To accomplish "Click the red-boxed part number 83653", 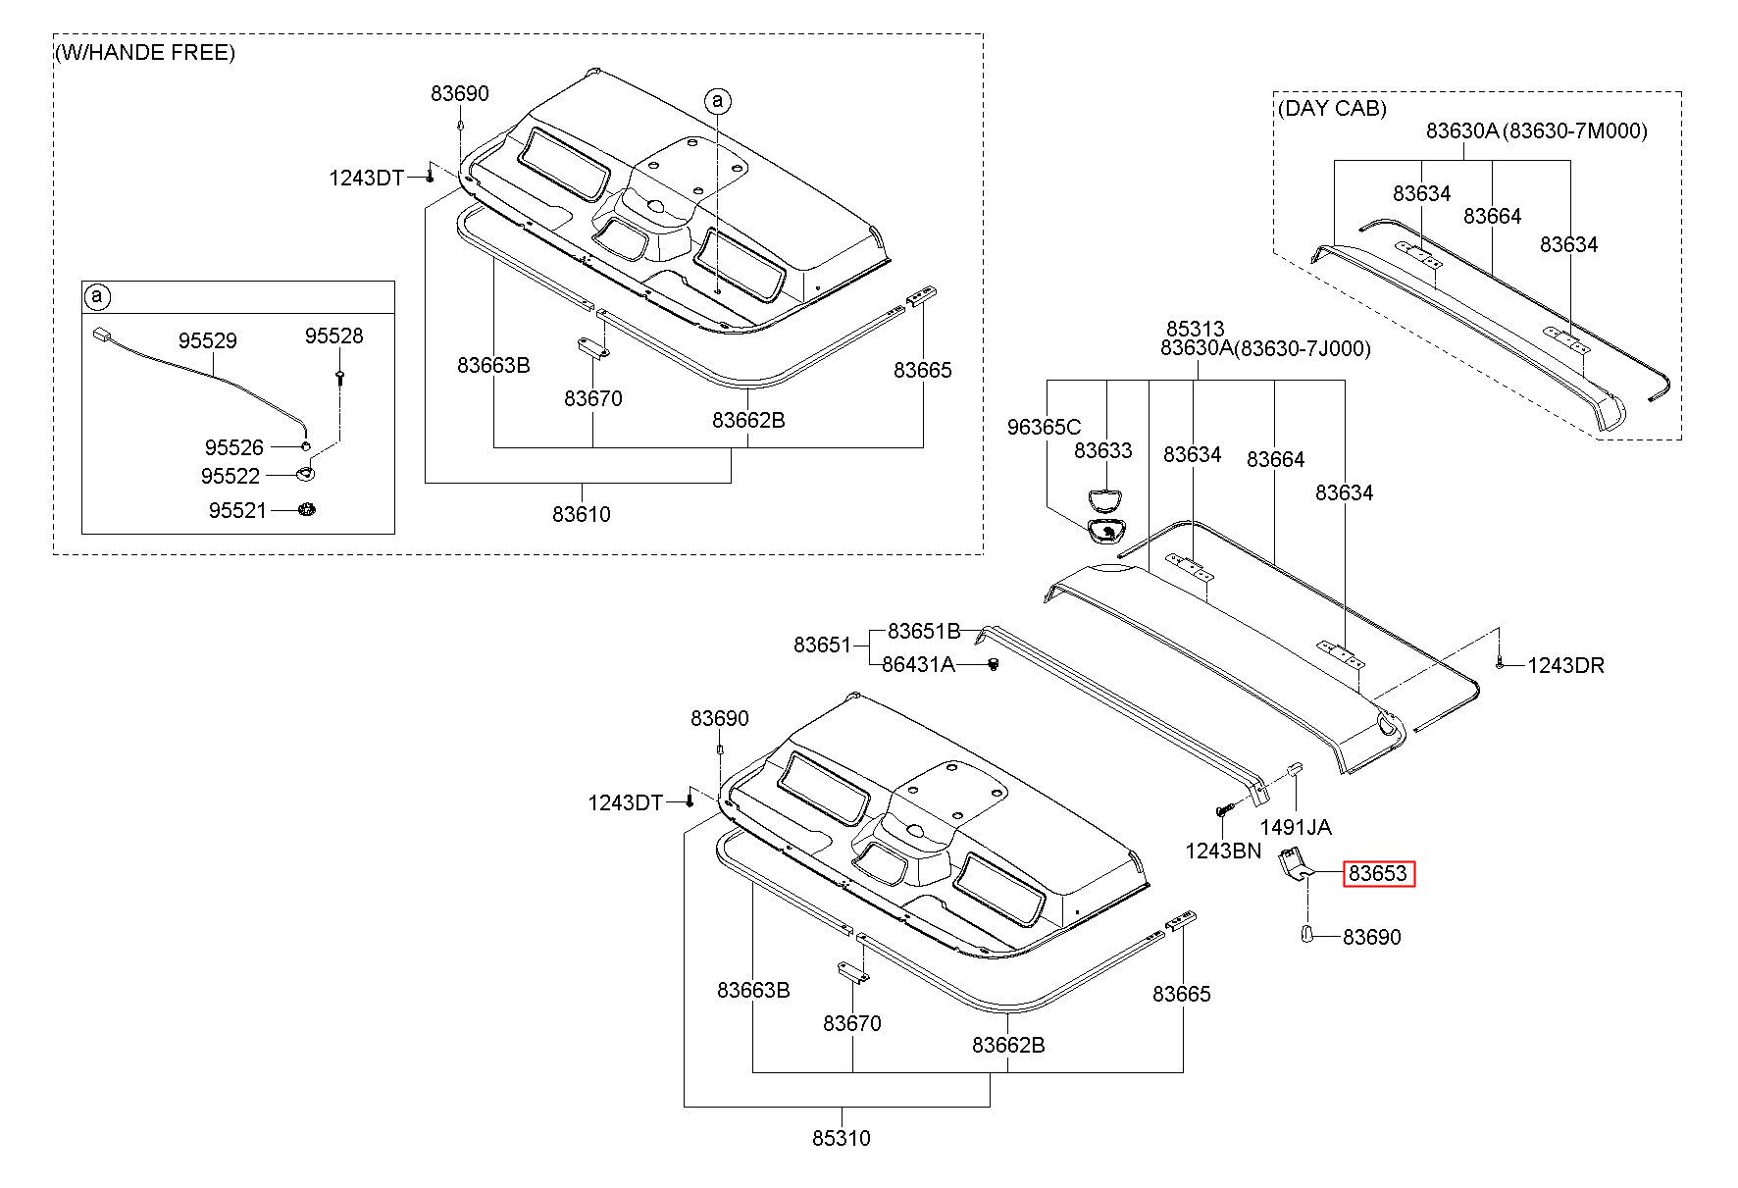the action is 1378,873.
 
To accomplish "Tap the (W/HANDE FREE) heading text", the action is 145,52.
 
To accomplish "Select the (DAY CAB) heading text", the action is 1333,108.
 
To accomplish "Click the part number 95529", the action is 207,340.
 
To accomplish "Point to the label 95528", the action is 333,336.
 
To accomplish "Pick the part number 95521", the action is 237,510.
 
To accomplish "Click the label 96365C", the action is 1045,427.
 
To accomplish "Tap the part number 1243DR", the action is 1565,665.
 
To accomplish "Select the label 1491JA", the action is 1296,827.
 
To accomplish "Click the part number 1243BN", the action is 1223,851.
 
